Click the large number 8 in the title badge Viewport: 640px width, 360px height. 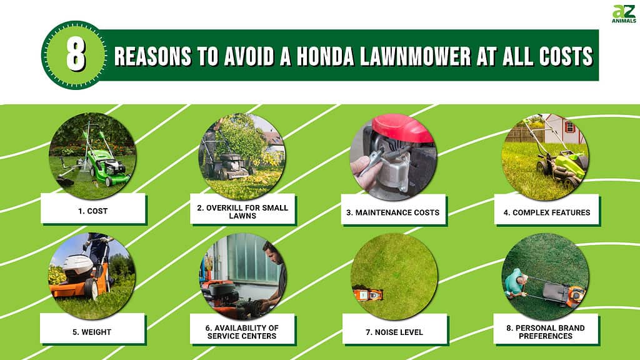(76, 55)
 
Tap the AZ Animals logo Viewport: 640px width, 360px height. (624, 14)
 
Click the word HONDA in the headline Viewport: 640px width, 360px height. (325, 56)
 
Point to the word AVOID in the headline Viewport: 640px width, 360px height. (249, 56)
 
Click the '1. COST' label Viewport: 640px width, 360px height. (93, 211)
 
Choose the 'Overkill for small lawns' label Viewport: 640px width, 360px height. (242, 212)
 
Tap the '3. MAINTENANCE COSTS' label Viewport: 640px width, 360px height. (393, 212)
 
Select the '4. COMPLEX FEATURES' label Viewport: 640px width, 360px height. (547, 212)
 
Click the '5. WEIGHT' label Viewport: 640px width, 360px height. (92, 332)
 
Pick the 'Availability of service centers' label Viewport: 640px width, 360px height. (242, 332)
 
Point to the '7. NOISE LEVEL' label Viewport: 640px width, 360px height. (394, 332)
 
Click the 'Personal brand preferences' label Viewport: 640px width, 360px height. (546, 332)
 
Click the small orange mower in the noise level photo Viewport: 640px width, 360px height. (367, 294)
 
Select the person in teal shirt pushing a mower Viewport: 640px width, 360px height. (514, 282)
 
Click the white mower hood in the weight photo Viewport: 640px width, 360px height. (77, 265)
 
